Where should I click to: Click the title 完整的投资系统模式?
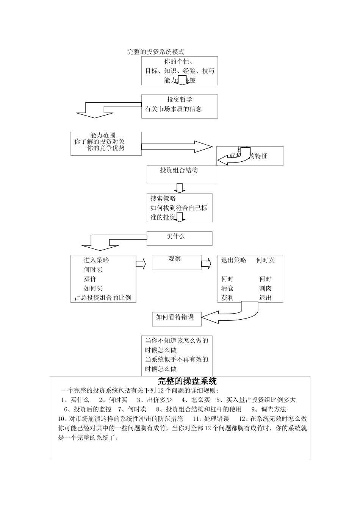(156, 52)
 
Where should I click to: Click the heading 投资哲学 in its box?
(180, 100)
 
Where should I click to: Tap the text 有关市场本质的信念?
(174, 109)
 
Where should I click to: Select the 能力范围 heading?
(103, 135)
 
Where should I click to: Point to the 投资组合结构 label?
(179, 170)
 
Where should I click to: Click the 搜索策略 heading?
(163, 198)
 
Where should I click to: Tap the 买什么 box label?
(176, 236)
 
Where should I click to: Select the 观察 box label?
(175, 259)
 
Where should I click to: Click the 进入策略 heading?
(96, 260)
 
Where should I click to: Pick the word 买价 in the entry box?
(90, 279)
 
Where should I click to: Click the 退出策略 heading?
(234, 260)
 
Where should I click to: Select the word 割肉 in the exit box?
(265, 288)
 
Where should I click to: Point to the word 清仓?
(227, 288)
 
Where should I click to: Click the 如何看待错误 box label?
(175, 317)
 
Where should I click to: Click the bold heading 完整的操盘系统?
(187, 381)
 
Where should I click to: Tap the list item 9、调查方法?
(269, 409)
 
